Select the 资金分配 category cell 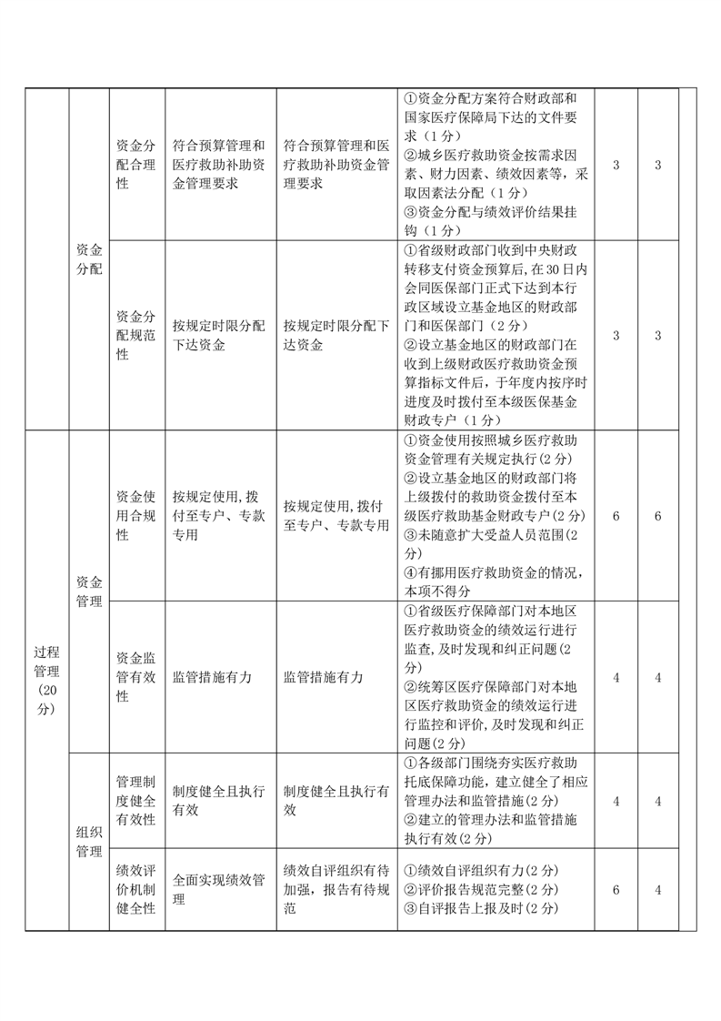(89, 258)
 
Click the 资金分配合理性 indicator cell (136, 164)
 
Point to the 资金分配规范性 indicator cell (136, 335)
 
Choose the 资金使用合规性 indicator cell (136, 516)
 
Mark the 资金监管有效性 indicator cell (136, 676)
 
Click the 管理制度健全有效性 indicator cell (136, 800)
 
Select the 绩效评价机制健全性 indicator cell (136, 889)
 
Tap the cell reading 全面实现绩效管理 (219, 889)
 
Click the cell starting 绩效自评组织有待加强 (335, 889)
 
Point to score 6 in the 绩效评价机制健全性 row (616, 889)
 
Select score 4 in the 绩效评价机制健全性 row (658, 889)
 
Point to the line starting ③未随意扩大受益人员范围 (496, 534)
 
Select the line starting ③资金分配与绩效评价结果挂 (496, 212)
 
